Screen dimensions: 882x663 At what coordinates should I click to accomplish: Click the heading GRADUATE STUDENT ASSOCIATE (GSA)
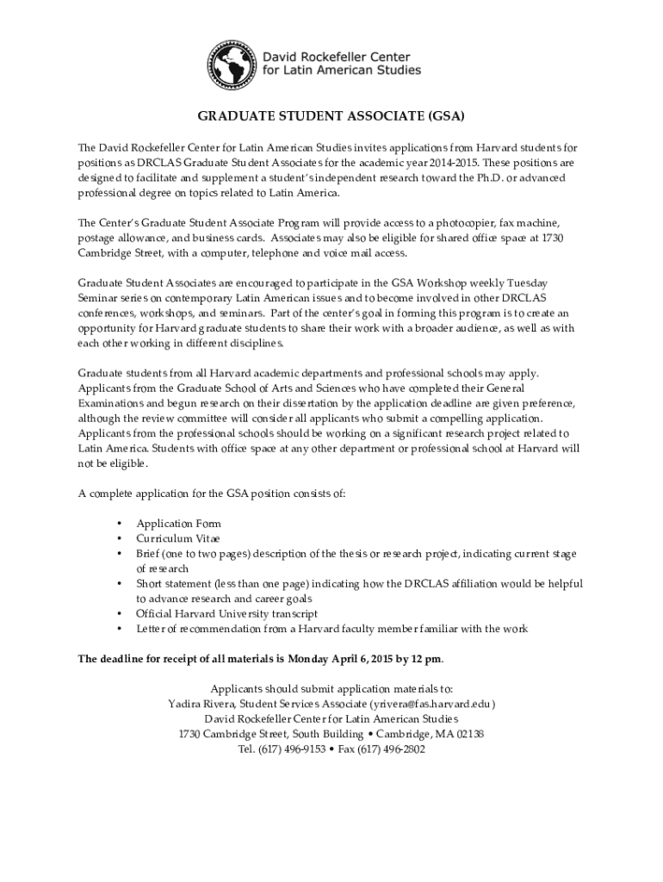pyautogui.click(x=331, y=115)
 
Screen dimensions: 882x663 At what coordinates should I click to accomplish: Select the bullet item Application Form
pyautogui.click(x=178, y=523)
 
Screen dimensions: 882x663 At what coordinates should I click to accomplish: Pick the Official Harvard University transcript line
pyautogui.click(x=226, y=613)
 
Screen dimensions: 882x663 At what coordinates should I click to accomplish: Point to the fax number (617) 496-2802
pyautogui.click(x=394, y=749)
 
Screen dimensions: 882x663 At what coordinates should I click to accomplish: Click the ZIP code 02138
pyautogui.click(x=469, y=734)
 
